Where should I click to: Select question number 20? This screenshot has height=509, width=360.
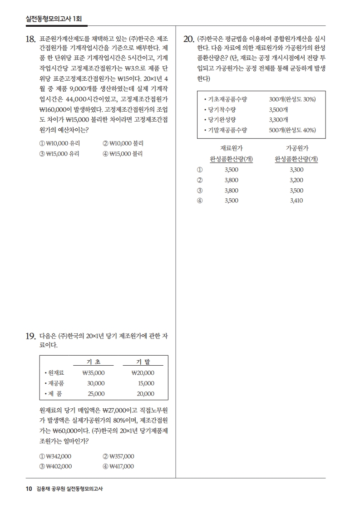tap(188, 39)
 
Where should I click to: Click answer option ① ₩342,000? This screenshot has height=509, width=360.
tap(55, 456)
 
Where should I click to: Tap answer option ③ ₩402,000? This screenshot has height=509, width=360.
tap(55, 466)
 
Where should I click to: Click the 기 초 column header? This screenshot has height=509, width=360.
tap(94, 362)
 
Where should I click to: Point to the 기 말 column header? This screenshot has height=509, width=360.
tap(143, 362)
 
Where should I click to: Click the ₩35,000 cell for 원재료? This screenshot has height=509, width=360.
tap(94, 373)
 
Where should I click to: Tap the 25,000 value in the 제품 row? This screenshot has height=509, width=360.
tap(96, 394)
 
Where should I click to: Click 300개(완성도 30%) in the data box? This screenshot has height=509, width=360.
tap(292, 99)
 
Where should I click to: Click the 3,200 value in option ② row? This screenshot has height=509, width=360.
tap(296, 180)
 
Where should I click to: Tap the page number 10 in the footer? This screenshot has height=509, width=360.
tap(29, 489)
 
